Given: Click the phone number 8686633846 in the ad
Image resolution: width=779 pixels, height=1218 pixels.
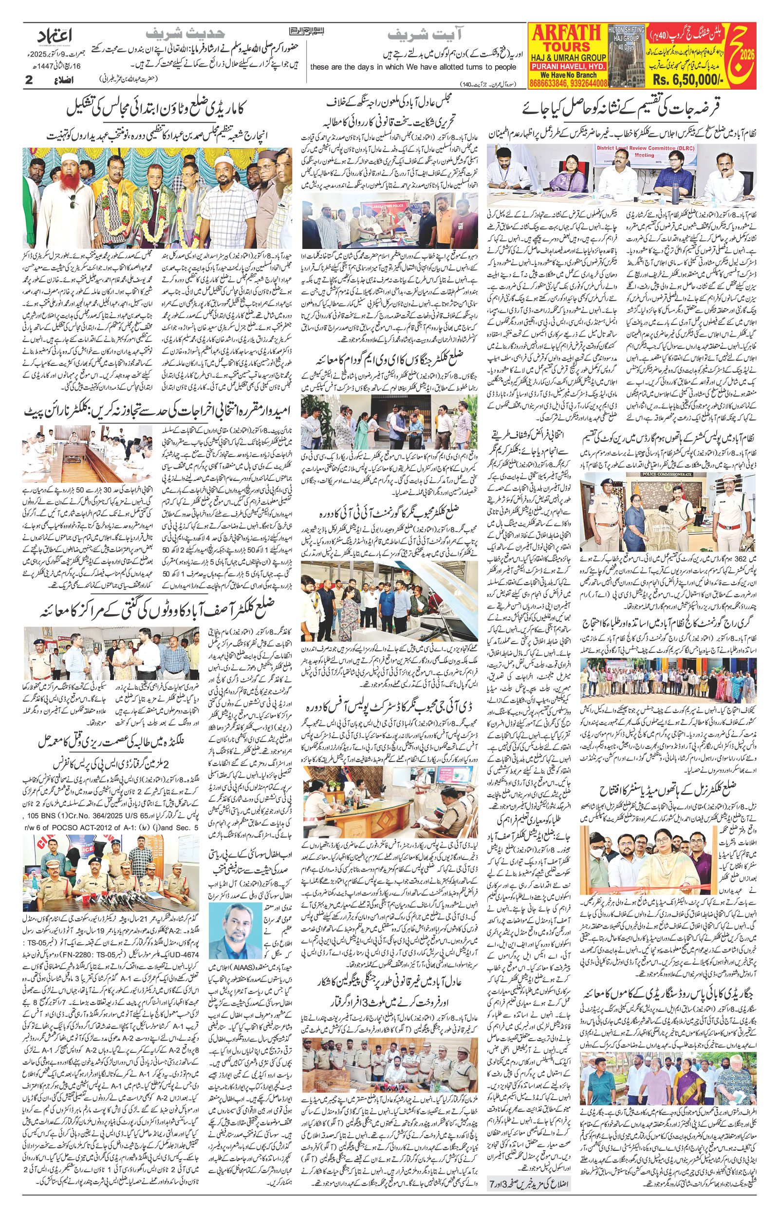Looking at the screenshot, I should (547, 82).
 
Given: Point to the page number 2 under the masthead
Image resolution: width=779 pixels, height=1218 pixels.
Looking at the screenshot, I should (29, 80).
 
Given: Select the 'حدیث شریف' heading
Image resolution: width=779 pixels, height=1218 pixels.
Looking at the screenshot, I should (185, 34).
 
